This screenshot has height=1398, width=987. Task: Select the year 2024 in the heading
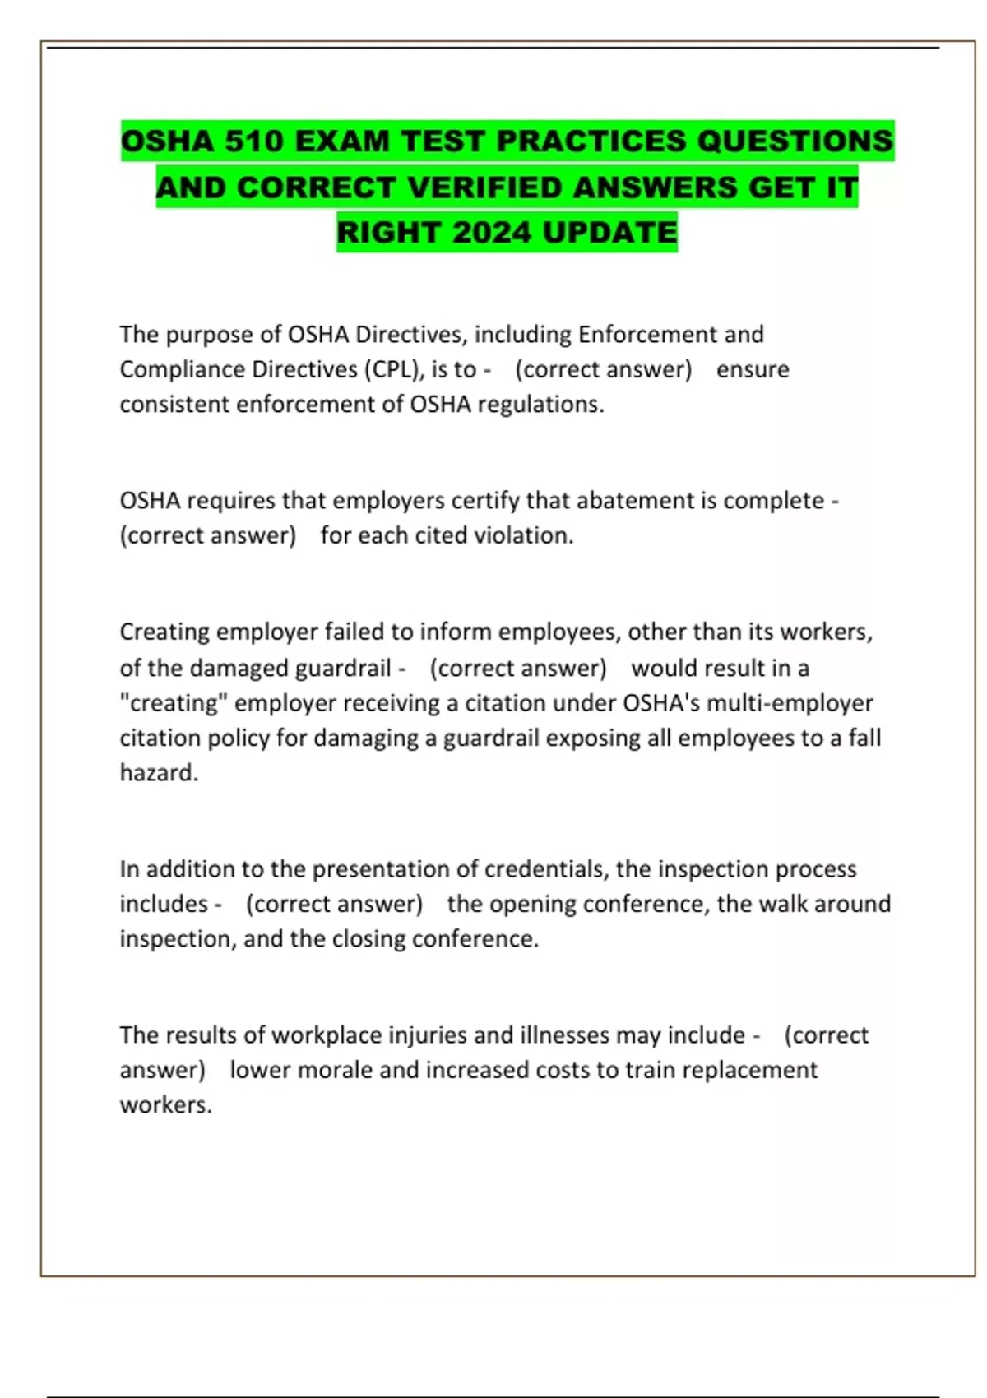(491, 233)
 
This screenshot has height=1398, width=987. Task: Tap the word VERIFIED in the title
(485, 187)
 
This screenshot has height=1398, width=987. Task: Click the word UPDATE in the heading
(609, 233)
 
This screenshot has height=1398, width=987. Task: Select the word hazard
(158, 773)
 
